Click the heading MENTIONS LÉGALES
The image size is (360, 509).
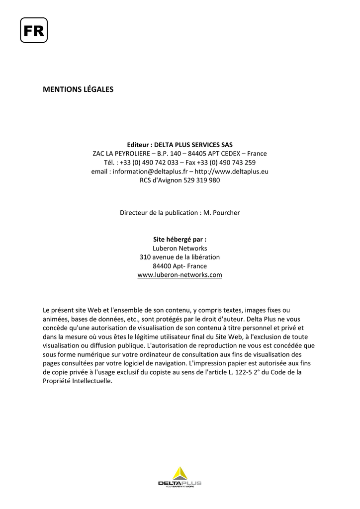point(78,89)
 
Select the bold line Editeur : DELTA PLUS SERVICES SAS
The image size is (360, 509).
point(180,145)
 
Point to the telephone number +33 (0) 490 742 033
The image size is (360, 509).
point(149,163)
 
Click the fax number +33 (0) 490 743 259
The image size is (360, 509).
point(226,163)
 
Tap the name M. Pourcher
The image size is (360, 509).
point(222,213)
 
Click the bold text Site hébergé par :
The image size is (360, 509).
point(180,239)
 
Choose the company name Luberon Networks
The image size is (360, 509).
point(180,248)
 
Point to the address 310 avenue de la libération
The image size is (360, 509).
point(180,257)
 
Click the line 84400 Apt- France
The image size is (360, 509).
point(180,266)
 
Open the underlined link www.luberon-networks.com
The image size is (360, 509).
point(180,275)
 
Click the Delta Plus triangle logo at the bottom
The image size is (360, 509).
point(180,473)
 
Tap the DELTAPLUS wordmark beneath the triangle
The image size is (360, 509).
point(180,483)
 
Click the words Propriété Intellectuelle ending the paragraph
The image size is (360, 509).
point(78,381)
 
